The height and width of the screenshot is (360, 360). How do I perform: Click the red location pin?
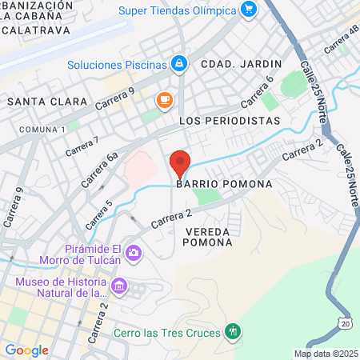pos(180,163)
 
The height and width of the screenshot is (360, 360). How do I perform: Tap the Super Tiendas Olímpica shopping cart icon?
pos(249,10)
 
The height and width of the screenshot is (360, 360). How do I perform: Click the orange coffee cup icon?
pos(164,100)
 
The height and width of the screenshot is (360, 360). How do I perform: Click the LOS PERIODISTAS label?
pos(230,121)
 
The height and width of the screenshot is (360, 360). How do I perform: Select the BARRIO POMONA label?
pos(224,184)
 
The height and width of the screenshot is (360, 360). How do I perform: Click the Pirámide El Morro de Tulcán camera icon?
pos(133,254)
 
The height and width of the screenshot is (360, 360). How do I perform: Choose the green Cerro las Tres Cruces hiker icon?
pos(233,331)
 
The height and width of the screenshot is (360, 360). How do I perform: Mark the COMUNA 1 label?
pos(42,129)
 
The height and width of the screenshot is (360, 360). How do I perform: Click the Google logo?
pos(26,350)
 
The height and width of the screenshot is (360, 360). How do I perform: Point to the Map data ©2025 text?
pos(326,354)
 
